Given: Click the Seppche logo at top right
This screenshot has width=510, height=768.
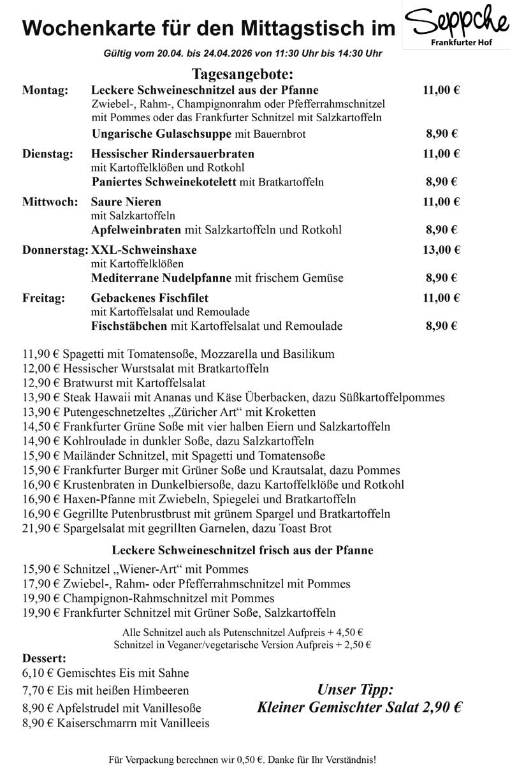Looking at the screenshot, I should [456, 25].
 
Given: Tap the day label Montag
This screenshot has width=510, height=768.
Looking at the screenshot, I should [45, 91].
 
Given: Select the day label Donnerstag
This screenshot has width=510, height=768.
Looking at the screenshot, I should [55, 250].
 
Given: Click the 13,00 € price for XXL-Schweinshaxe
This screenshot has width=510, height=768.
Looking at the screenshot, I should [441, 249].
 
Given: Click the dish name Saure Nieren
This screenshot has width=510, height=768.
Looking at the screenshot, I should [126, 202].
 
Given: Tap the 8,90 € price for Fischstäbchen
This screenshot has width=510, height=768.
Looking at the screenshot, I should [442, 326].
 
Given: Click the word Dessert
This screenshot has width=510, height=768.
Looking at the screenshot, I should [44, 658].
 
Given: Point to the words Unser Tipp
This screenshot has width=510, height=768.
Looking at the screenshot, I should [356, 690].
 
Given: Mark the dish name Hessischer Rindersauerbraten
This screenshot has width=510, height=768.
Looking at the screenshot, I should [173, 154].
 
